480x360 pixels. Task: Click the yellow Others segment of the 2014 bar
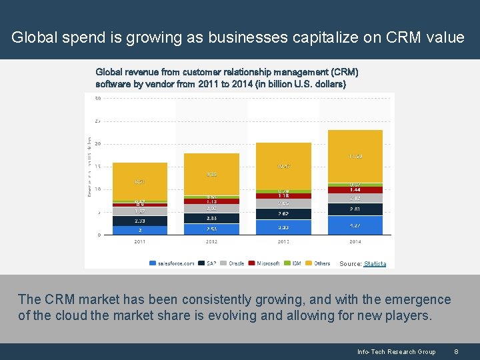tap(355, 156)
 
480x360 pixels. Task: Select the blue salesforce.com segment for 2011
tap(139, 230)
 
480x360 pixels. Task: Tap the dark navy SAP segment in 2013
tap(283, 214)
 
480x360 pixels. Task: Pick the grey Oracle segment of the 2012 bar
tap(211, 209)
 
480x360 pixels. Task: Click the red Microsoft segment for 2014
tap(355, 190)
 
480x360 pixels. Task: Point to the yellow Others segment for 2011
tap(139, 181)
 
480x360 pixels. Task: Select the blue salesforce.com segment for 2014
tap(355, 225)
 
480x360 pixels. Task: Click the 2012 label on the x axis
tap(211, 242)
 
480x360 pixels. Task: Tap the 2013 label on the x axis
tap(283, 242)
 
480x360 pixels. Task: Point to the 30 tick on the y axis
tap(97, 99)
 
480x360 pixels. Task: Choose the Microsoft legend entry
tap(265, 263)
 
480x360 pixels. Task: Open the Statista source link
tap(375, 264)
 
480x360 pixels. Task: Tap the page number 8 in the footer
tap(456, 351)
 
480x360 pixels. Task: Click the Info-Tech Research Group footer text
tap(396, 351)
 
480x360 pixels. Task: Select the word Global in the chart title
tap(109, 71)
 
